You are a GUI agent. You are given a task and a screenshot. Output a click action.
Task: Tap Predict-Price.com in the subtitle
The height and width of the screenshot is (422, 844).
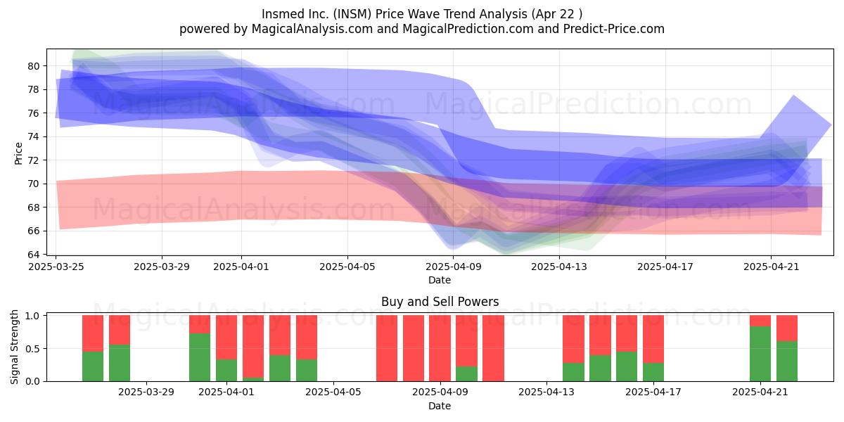click(614, 29)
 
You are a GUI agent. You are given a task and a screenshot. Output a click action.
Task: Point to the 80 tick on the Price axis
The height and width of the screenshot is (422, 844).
click(33, 66)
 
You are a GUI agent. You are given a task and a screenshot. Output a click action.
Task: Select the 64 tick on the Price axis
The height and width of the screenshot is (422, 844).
click(33, 255)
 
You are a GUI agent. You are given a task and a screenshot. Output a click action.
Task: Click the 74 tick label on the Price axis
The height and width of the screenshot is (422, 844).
click(33, 136)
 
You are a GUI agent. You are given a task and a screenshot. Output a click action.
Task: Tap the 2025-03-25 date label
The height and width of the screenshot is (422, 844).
click(56, 267)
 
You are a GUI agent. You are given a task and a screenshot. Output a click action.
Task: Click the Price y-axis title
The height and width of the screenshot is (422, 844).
click(18, 153)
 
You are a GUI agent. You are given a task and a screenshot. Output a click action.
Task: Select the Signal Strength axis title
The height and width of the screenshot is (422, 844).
click(14, 347)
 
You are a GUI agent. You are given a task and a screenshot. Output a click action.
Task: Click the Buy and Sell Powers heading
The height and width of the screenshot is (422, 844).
click(440, 302)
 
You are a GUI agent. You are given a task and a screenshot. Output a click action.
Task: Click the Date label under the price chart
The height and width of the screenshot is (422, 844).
click(440, 280)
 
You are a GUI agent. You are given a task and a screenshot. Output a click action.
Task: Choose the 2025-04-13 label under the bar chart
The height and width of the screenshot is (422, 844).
click(546, 392)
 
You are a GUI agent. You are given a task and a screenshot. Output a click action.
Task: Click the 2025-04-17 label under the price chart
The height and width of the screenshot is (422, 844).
click(665, 267)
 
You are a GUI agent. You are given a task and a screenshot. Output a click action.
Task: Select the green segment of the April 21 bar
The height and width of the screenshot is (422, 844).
click(760, 354)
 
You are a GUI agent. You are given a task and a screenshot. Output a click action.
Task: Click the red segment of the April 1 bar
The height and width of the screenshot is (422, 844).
click(226, 337)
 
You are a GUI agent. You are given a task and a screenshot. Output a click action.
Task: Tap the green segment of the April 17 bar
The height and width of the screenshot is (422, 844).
click(653, 372)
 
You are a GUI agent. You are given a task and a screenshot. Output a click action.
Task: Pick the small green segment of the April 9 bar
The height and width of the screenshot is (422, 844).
click(466, 373)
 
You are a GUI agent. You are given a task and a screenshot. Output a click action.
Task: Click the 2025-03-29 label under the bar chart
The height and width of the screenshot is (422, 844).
click(146, 392)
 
